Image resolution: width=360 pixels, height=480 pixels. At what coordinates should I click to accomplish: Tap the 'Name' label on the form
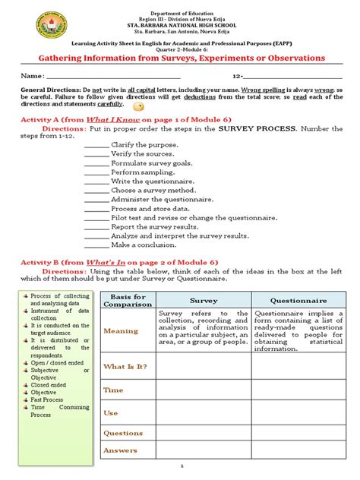click(31, 77)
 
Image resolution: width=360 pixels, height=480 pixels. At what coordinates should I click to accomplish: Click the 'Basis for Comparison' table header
click(128, 300)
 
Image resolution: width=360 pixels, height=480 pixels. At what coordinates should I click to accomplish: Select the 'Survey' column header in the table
click(203, 301)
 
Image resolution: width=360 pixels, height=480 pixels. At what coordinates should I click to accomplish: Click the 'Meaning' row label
click(121, 331)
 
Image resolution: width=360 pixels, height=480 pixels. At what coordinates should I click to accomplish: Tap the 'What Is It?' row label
click(126, 367)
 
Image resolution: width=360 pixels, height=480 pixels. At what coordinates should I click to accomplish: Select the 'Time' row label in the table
click(113, 390)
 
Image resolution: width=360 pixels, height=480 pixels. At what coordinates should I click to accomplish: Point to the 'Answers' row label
click(121, 450)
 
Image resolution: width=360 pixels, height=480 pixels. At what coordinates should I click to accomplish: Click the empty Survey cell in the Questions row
click(203, 433)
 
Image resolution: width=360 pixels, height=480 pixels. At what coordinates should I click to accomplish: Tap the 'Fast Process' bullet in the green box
click(48, 399)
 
